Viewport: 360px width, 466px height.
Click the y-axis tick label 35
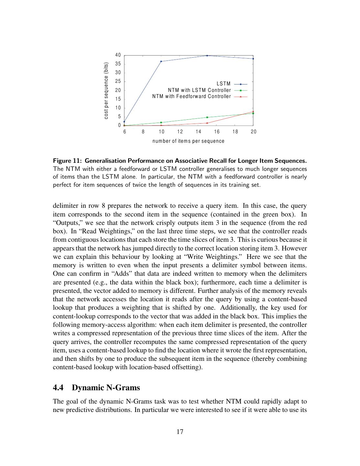(118, 64)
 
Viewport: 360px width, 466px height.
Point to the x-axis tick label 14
(198, 132)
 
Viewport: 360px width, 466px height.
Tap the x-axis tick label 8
(143, 132)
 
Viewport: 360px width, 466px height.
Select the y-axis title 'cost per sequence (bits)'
(106, 90)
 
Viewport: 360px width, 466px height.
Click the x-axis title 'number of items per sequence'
(188, 141)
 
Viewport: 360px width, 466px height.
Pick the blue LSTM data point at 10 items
(161, 61)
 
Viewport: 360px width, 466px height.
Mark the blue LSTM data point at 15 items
(207, 56)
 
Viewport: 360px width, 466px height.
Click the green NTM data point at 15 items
(207, 117)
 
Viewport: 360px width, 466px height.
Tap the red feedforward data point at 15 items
(207, 123)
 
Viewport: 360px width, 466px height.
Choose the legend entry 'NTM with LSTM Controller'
(199, 90)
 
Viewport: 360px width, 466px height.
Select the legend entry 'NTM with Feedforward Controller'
(191, 96)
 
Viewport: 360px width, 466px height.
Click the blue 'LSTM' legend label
(224, 84)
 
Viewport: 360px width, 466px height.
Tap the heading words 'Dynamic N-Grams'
(106, 388)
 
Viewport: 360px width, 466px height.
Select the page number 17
(180, 432)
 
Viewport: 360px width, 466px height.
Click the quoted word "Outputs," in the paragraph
(65, 223)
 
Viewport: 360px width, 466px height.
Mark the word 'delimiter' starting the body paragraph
(64, 206)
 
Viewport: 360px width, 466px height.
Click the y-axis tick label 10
(118, 108)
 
